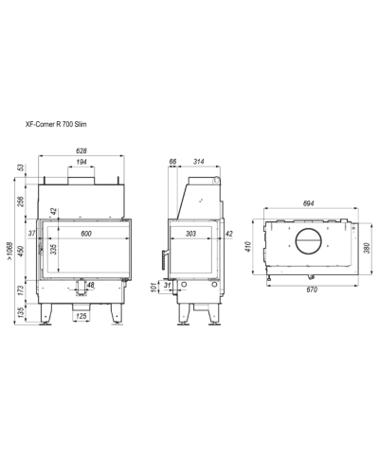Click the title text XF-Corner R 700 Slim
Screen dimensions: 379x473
pos(56,124)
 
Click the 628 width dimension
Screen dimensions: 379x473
pos(81,151)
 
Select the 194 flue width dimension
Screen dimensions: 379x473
pos(81,162)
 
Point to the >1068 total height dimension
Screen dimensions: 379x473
pos(10,251)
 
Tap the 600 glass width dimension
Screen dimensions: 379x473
pos(86,234)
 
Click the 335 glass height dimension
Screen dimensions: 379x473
pos(54,249)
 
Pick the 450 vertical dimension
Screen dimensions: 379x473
pos(21,251)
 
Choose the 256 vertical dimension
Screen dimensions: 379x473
pos(21,201)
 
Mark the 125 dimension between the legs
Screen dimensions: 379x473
pos(81,316)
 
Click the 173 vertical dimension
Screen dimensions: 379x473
pos(21,290)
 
